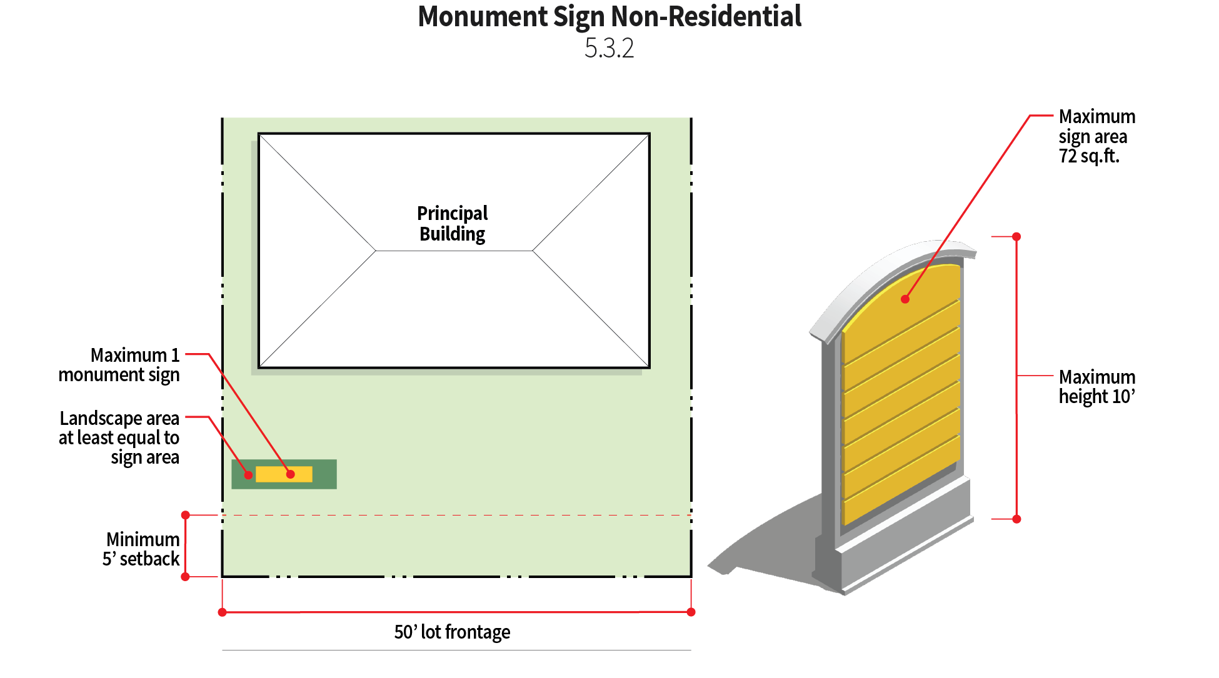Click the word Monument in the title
[483, 16]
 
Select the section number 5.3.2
[609, 48]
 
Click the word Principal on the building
[452, 213]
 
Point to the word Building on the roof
[452, 234]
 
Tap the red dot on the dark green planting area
[248, 476]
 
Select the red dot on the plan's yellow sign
[290, 474]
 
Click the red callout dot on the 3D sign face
[905, 299]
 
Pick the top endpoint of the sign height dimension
[1016, 237]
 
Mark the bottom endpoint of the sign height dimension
[1016, 519]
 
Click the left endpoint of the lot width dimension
[222, 612]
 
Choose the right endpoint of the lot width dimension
[691, 612]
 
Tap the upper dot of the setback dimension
[185, 515]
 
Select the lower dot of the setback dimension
[185, 576]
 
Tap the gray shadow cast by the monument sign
[769, 544]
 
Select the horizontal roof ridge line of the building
[454, 251]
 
